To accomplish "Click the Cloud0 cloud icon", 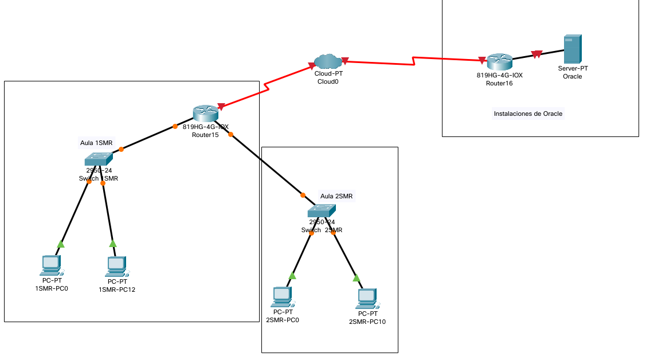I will [x=328, y=60].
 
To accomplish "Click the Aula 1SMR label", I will [x=96, y=142].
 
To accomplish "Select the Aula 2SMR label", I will [x=336, y=196].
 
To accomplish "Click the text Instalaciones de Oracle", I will [x=528, y=114].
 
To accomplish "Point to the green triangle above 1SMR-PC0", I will [x=61, y=244].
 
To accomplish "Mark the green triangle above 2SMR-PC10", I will [x=357, y=278].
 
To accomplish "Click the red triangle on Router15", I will [x=221, y=106].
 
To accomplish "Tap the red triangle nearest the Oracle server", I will [x=537, y=54].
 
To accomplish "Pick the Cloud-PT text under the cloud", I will [x=328, y=73].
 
